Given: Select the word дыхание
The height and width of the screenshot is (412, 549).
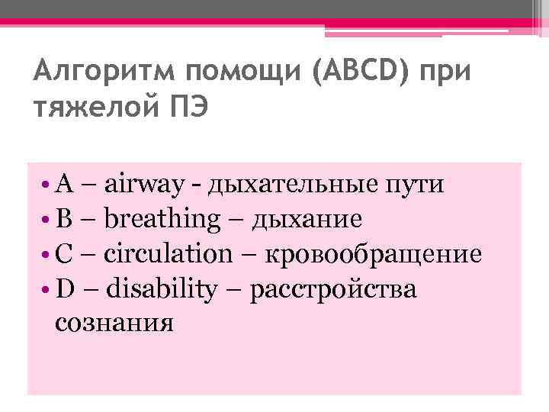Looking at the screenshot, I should coord(307,220).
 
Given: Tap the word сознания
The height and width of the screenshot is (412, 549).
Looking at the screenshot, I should coord(114,323).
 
